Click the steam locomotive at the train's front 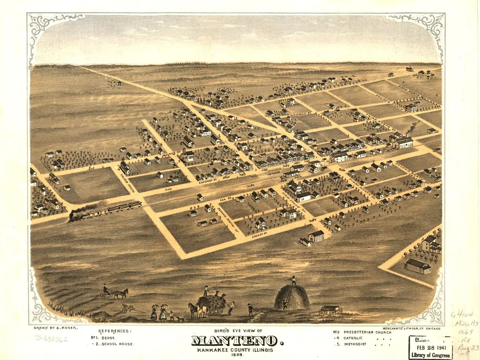pos(75,216)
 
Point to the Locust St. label pos(259,235)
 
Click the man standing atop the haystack pos(293,280)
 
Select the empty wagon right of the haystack pos(330,310)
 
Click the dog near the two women pos(180,319)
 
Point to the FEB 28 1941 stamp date pos(430,348)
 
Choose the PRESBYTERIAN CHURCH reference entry pos(367,332)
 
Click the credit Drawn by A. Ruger pos(55,328)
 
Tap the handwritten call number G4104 pos(462,315)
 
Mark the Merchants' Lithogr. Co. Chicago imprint pos(411,328)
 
